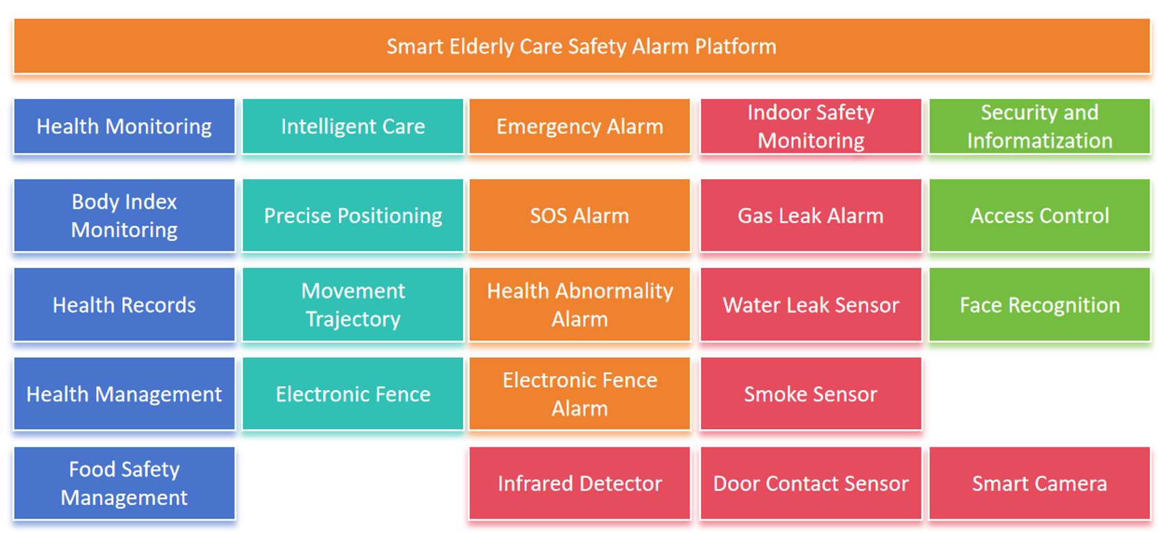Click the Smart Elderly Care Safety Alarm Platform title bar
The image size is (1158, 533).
coord(582,46)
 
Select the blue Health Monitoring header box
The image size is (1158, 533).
coord(124,126)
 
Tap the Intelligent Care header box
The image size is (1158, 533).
coord(353,126)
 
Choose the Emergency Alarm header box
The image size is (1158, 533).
coord(580,126)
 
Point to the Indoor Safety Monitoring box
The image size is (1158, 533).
coord(811,126)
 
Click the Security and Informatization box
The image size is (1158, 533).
coord(1039,126)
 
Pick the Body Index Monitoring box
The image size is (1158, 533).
coord(124,216)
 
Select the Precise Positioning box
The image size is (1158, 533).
coord(353,216)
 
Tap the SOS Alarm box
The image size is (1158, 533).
coord(580,216)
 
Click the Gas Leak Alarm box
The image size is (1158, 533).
coord(811,216)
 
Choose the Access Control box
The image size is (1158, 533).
coord(1039,216)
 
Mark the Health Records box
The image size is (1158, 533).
coord(124,304)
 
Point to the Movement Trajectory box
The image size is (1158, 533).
coord(353,304)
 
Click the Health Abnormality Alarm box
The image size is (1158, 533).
coord(580,304)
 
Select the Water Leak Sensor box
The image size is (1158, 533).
coord(811,304)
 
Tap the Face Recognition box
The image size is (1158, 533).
coord(1039,304)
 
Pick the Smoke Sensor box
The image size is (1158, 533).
coord(811,394)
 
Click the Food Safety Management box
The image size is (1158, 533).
coord(124,483)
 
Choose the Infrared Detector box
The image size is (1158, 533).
coord(580,483)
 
